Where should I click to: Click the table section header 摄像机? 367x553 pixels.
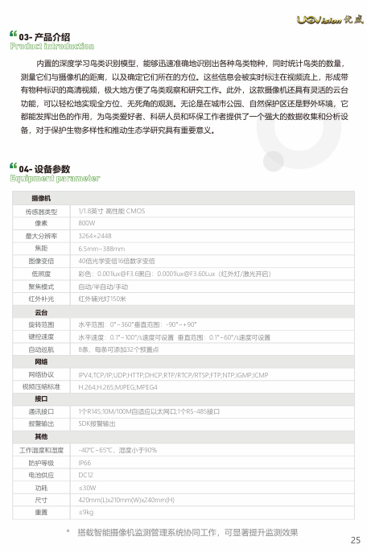coord(41,198)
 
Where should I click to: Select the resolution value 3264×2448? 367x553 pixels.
coord(95,236)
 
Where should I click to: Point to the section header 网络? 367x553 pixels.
coord(41,362)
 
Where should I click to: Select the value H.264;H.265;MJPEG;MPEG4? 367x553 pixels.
coord(118,387)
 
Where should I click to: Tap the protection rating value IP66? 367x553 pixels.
coord(85,463)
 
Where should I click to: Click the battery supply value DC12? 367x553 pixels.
coord(85,475)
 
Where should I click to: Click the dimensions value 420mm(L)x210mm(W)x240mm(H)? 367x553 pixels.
coord(126,499)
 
